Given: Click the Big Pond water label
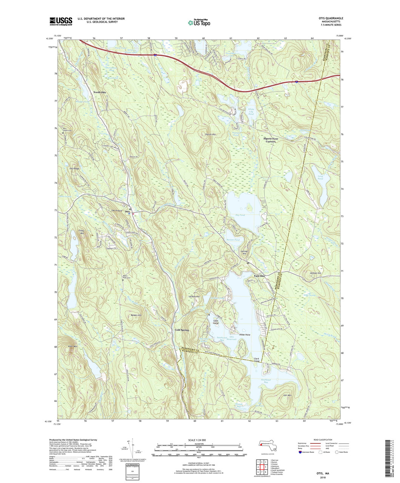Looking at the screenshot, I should click(x=240, y=215).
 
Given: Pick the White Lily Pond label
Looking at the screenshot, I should click(x=251, y=109).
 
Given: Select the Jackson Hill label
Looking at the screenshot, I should click(x=315, y=273).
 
